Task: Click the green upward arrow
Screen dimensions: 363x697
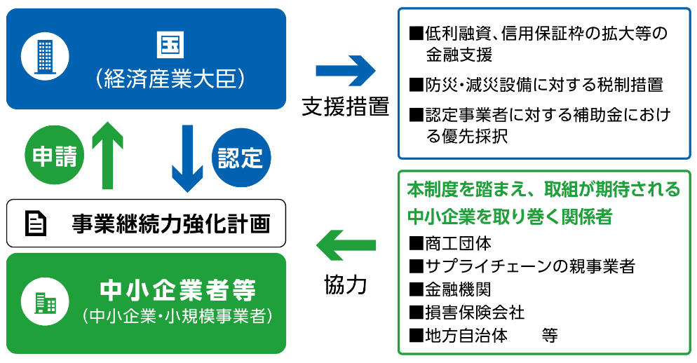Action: tap(107, 154)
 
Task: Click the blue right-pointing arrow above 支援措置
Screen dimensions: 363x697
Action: tap(346, 71)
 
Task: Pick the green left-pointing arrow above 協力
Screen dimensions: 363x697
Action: tap(346, 245)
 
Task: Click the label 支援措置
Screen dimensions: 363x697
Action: tap(346, 106)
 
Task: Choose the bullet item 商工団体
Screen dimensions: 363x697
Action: tap(457, 243)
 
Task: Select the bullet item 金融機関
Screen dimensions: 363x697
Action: tap(457, 289)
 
